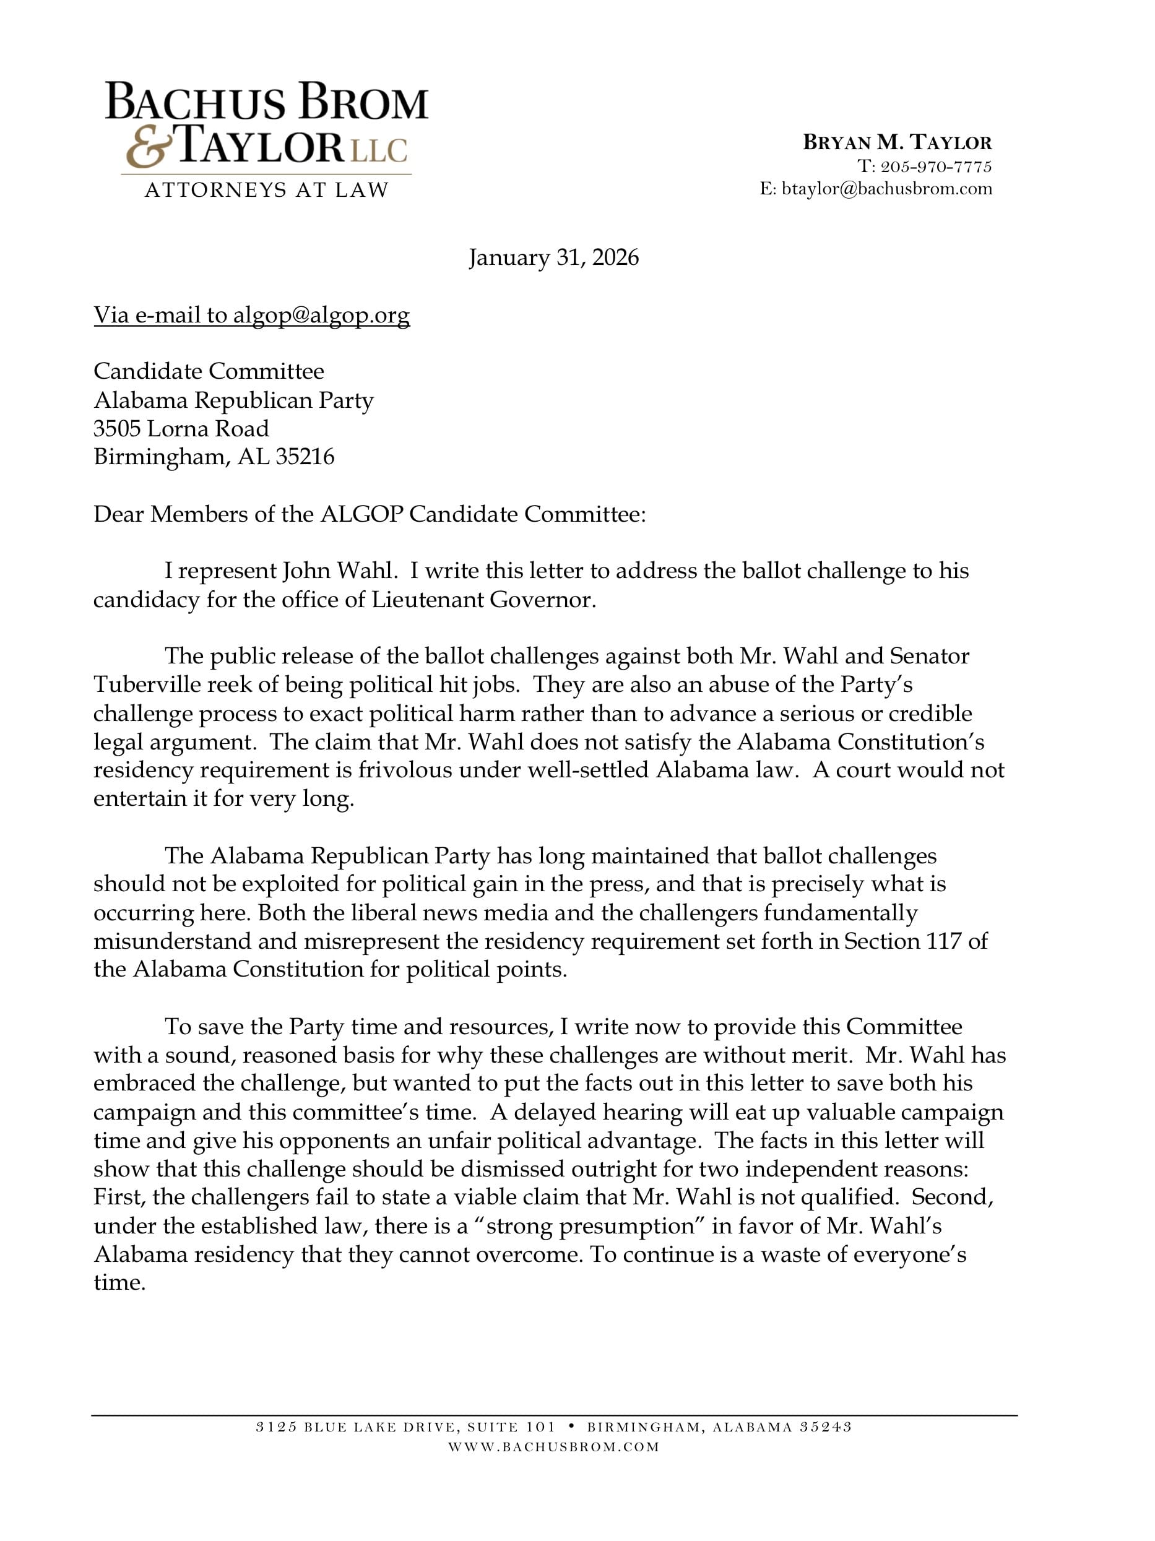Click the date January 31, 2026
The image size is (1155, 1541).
553,258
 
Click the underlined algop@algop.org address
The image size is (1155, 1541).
321,316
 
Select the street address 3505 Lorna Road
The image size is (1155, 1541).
181,428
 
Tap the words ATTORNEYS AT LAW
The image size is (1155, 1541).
266,189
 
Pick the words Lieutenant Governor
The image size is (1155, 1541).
483,600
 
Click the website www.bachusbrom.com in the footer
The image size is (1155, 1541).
553,1447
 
